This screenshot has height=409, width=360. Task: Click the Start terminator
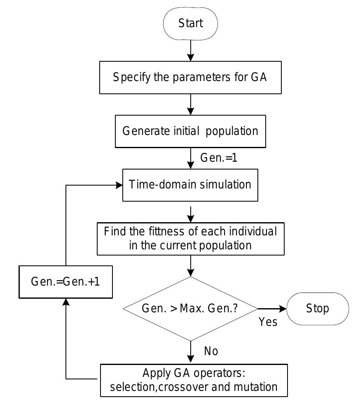click(190, 24)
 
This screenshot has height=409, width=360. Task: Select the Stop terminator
click(317, 309)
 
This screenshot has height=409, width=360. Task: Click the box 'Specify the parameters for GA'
click(190, 77)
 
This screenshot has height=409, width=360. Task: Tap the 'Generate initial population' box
click(190, 131)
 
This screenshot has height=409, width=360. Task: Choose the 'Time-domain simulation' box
click(190, 185)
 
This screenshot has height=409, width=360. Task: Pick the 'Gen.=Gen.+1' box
click(66, 282)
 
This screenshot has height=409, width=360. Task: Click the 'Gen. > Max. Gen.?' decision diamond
click(190, 309)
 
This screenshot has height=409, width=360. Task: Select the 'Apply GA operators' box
click(194, 380)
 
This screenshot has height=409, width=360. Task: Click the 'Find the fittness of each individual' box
click(190, 238)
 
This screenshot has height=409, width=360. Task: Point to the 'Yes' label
click(268, 322)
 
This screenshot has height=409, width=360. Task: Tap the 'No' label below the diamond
click(211, 351)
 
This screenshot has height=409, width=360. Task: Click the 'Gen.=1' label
click(218, 158)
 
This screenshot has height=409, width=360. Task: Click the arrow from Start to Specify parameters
click(190, 51)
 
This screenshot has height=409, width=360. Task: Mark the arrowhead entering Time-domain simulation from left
click(119, 185)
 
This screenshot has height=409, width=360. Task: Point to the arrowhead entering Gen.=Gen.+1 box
click(66, 302)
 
